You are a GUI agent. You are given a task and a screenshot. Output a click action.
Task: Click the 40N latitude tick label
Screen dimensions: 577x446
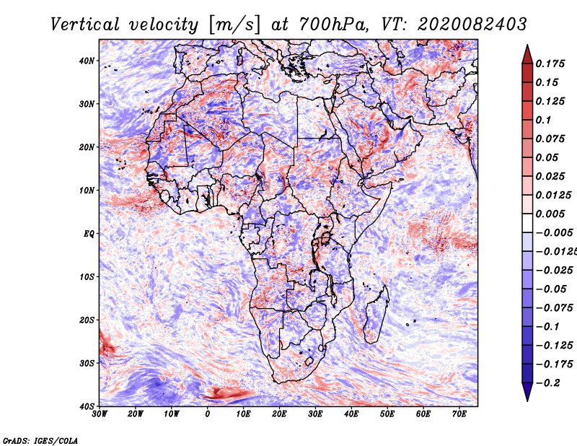point(87,61)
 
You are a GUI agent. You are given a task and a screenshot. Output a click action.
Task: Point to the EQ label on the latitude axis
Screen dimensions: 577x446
point(89,234)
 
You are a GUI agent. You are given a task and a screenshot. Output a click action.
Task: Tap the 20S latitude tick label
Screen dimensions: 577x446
point(87,320)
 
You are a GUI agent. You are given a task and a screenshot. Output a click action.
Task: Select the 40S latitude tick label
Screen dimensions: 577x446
point(87,406)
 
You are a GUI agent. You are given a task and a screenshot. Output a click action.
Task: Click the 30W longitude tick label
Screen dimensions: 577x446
point(100,414)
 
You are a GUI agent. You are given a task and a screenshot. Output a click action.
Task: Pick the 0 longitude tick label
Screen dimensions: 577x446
point(208,414)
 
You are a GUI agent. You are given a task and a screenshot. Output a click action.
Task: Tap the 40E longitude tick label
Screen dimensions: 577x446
point(351,414)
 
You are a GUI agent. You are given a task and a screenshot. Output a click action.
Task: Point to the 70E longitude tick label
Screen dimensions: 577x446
point(459,414)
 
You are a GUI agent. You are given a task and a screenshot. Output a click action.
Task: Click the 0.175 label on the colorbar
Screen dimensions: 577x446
point(550,64)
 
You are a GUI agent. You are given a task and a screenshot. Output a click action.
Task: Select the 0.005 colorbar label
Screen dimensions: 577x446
point(550,214)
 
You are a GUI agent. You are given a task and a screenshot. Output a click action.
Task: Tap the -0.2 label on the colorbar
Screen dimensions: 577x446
point(547,383)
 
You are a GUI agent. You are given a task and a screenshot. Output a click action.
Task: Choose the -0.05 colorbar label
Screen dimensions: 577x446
point(551,289)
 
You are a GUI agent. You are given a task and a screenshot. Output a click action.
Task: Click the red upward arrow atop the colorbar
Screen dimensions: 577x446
point(527,55)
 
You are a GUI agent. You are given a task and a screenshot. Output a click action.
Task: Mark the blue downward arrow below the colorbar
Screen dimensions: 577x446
point(527,392)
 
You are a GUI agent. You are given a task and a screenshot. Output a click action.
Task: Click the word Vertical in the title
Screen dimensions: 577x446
point(85,25)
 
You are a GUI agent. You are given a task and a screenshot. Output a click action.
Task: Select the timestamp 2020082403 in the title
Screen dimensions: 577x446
point(472,25)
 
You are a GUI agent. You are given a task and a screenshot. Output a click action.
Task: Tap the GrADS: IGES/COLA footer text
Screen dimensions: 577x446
point(40,440)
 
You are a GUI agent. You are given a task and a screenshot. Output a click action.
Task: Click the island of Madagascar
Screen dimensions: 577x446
point(376,315)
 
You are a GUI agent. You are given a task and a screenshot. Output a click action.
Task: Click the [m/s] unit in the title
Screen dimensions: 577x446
point(234,25)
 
